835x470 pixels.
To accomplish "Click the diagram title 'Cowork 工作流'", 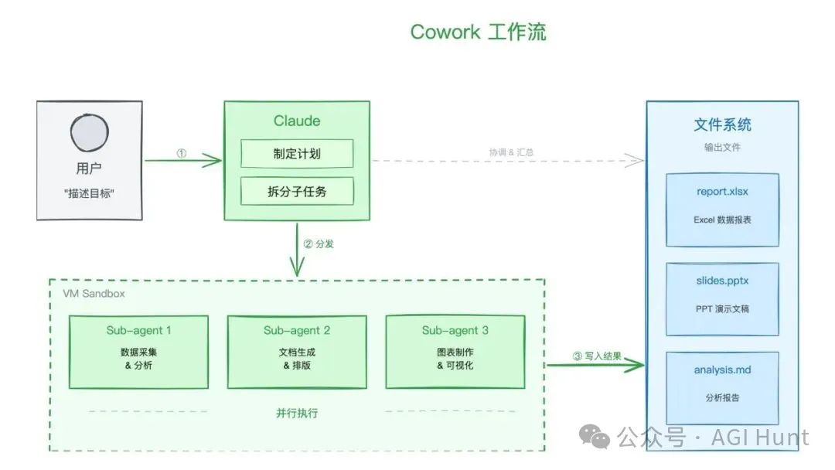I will click(x=478, y=32).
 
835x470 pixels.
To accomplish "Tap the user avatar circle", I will click(x=89, y=133).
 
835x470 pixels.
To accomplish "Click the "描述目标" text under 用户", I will click(x=89, y=193).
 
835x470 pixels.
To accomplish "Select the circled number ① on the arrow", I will click(x=182, y=153).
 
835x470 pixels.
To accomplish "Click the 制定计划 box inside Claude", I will click(x=297, y=154).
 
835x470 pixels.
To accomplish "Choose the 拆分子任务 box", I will click(x=297, y=191).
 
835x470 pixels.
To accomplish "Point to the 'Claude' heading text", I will click(x=297, y=121).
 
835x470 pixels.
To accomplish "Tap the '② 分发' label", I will click(x=319, y=244).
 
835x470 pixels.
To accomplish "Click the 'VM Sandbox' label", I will click(x=94, y=294).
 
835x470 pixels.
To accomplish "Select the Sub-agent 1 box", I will click(x=138, y=351).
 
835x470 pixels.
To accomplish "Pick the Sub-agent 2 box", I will click(x=297, y=351).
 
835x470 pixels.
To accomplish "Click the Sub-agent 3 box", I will click(x=455, y=351).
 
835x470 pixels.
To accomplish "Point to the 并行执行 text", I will click(x=297, y=413).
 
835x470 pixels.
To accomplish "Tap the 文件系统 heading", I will click(x=722, y=124).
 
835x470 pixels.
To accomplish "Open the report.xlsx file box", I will click(x=722, y=209).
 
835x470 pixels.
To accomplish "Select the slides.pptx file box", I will click(x=722, y=298).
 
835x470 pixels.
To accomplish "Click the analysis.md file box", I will click(x=722, y=387).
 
